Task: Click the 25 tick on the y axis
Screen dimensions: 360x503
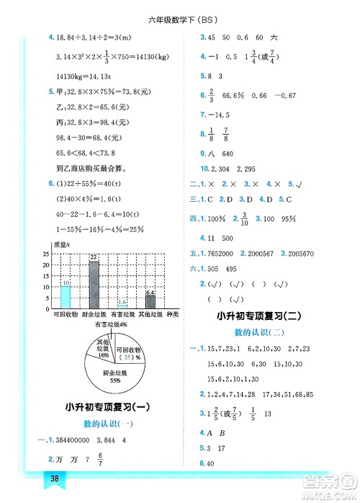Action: (x=46, y=254)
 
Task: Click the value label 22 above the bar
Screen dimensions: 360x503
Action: (x=94, y=257)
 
